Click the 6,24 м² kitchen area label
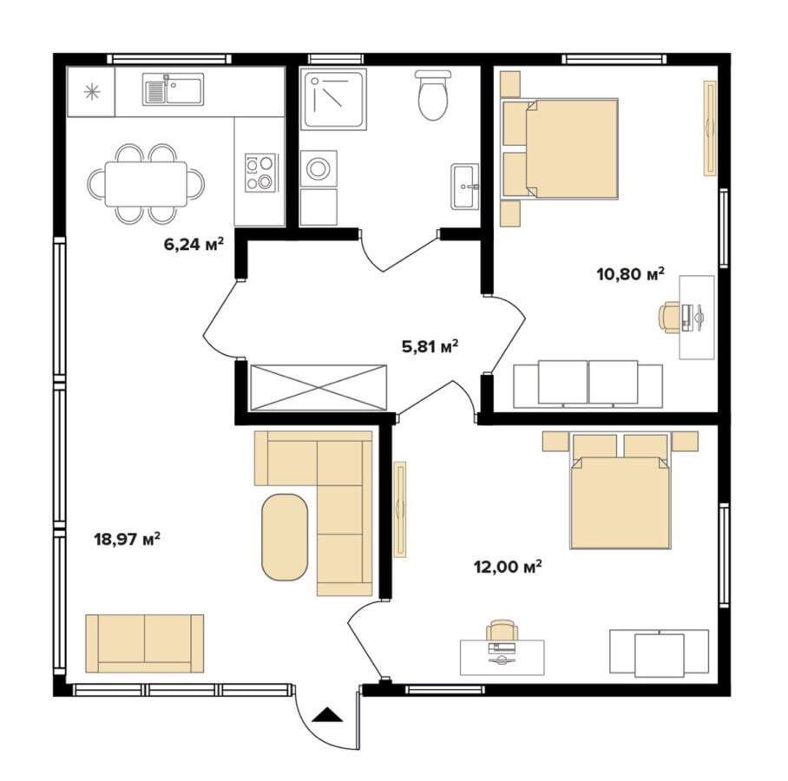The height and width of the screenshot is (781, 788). (194, 244)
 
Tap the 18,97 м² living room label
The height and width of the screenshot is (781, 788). (128, 539)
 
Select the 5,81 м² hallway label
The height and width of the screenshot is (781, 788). (430, 346)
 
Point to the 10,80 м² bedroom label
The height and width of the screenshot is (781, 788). (630, 274)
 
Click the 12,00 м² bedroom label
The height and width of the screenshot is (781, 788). (508, 567)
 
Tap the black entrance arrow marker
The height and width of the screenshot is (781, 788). (327, 714)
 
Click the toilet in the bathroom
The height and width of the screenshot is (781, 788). (433, 95)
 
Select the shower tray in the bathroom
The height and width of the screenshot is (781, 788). (333, 100)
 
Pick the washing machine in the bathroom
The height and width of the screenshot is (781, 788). (318, 168)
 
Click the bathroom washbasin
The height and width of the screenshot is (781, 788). (465, 186)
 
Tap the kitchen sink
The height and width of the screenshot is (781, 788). (173, 89)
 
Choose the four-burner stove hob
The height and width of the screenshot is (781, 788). (260, 173)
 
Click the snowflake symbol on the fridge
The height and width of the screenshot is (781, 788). (92, 92)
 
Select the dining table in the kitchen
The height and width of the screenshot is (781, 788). (146, 184)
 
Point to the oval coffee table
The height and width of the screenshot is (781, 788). (285, 537)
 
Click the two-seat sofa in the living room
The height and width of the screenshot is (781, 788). (144, 643)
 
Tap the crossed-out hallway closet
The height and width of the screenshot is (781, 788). (318, 388)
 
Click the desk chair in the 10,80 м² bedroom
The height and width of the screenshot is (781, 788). (669, 318)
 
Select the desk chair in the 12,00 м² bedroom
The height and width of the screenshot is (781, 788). (502, 630)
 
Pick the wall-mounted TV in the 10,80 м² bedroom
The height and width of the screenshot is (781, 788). (710, 128)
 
